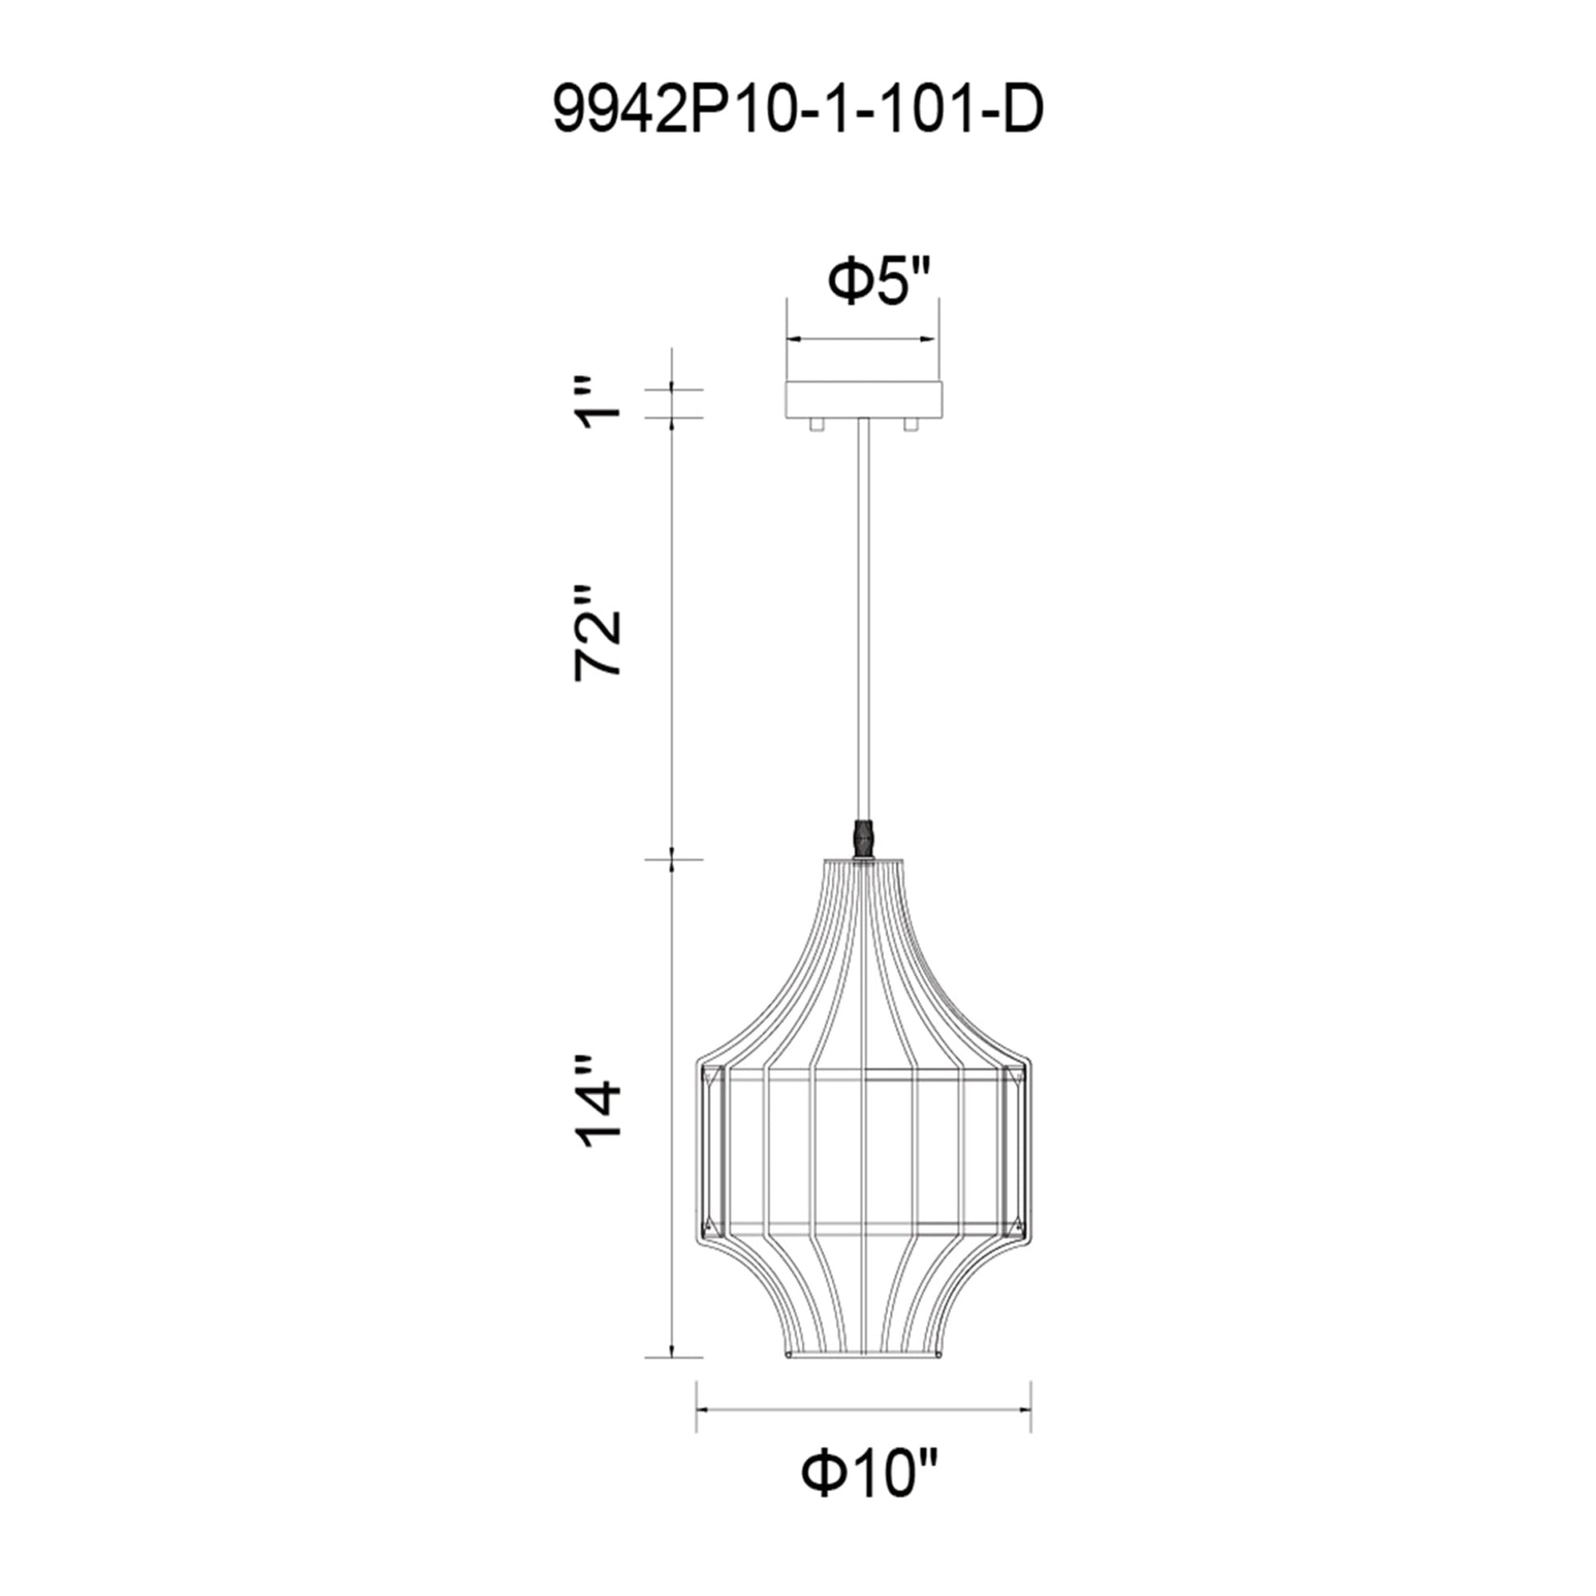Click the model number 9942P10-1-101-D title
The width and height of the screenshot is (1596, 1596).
coord(798,110)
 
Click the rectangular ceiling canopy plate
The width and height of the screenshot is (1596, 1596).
coord(864,399)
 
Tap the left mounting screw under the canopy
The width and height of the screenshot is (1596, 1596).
coord(816,424)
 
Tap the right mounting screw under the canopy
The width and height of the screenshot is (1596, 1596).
coord(911,424)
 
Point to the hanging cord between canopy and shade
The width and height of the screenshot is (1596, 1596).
coord(864,619)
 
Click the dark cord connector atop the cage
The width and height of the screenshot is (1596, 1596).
coord(864,839)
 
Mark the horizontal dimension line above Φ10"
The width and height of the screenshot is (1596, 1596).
coord(864,1409)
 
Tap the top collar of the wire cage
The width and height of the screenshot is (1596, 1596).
coord(864,864)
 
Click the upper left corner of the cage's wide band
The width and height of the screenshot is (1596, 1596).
coord(702,1065)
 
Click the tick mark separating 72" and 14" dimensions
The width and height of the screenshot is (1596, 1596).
coord(673,860)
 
